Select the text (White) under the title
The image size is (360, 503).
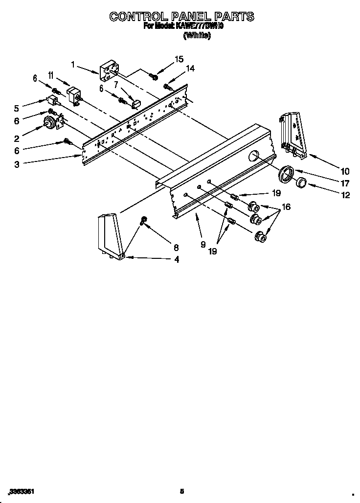coord(197,35)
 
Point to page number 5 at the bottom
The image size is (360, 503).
coord(181,491)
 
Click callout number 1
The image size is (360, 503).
coord(73,64)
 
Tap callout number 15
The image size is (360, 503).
coord(179,59)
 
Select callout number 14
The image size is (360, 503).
coord(190,69)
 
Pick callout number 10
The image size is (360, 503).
coord(345,171)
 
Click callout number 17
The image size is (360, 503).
coord(345,184)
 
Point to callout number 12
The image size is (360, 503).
coord(345,195)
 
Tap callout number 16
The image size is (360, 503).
coord(286,207)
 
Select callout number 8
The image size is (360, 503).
coord(176,247)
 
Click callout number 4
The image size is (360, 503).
coord(176,260)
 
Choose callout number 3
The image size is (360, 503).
coord(17,165)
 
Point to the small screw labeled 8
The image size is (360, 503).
coord(144,220)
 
